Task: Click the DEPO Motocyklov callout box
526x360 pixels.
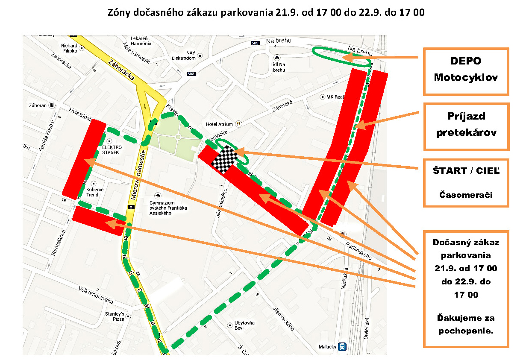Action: tap(466, 71)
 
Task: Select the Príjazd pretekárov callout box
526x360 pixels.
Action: tap(466, 126)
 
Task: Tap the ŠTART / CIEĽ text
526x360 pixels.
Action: tap(466, 171)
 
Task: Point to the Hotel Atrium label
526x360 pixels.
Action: tap(219, 124)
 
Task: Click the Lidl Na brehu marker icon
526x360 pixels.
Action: tap(278, 57)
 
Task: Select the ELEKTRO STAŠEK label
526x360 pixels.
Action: tap(112, 150)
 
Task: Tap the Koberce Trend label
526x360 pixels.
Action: tap(92, 192)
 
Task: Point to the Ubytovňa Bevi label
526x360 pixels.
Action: tap(244, 325)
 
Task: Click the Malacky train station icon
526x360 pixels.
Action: tap(342, 347)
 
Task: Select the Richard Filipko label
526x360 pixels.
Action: tap(69, 48)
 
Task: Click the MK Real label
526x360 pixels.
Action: tap(335, 97)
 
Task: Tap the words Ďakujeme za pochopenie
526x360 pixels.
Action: tap(466, 324)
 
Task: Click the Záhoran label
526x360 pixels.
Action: tap(38, 105)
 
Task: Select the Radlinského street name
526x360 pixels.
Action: tap(358, 249)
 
